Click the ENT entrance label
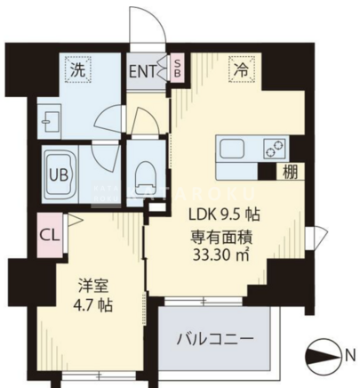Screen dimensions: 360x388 pyautogui.click(x=142, y=71)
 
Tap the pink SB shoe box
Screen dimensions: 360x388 pyautogui.click(x=177, y=69)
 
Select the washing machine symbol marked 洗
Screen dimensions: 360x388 pyautogui.click(x=78, y=70)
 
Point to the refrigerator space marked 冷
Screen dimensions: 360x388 pyautogui.click(x=242, y=69)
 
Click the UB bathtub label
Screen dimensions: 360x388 pyautogui.click(x=59, y=174)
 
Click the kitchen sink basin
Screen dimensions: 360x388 pyautogui.click(x=232, y=150)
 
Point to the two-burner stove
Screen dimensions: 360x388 pyautogui.click(x=276, y=148)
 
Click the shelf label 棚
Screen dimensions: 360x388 pyautogui.click(x=290, y=172)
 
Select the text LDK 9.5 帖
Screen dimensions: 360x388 pyautogui.click(x=224, y=214)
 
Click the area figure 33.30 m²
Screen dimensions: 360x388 pyautogui.click(x=220, y=255)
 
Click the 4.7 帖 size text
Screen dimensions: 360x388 pyautogui.click(x=92, y=305)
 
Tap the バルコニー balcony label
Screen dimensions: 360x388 pyautogui.click(x=215, y=338)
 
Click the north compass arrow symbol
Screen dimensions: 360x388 pyautogui.click(x=324, y=355)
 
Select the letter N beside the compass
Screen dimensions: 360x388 pyautogui.click(x=350, y=355)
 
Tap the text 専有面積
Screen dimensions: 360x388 pyautogui.click(x=221, y=238)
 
